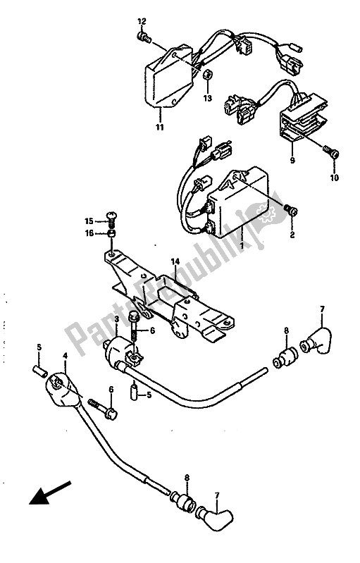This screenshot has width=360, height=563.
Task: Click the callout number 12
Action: click(x=141, y=20)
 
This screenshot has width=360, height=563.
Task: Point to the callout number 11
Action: click(x=160, y=128)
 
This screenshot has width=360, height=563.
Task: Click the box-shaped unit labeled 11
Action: click(x=167, y=80)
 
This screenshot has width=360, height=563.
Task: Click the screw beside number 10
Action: click(x=334, y=151)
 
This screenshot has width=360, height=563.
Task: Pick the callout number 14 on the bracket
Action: click(x=175, y=261)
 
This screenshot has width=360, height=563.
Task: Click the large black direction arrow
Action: click(x=49, y=494)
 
